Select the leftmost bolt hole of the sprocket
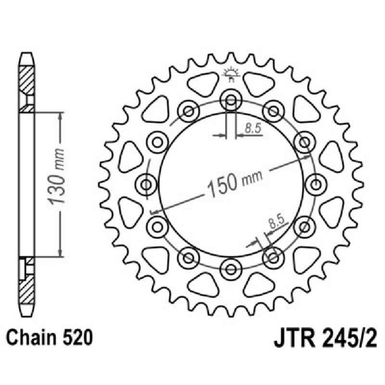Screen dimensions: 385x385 [147, 184]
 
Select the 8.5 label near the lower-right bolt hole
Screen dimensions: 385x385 [275, 222]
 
